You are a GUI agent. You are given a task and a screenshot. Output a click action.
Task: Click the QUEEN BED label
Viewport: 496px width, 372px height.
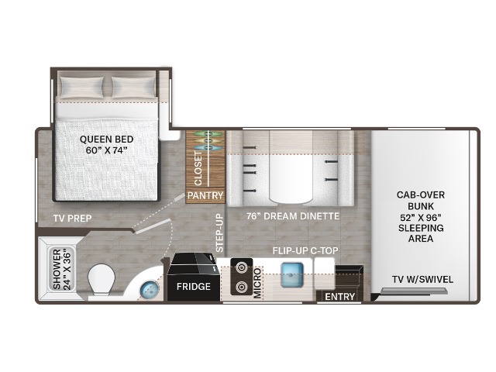[107, 145]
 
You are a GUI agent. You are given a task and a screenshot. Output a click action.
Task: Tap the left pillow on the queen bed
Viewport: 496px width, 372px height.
[82, 87]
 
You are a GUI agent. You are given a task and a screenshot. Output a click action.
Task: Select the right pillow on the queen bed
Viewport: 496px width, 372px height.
[133, 87]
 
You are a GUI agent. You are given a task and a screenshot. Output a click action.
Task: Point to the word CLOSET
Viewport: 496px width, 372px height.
[198, 168]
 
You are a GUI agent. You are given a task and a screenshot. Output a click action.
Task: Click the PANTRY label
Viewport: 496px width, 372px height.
[205, 195]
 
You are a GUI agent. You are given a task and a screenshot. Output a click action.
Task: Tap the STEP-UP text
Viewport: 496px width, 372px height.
[220, 233]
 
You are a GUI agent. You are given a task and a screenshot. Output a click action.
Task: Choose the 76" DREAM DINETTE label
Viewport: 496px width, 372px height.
[293, 216]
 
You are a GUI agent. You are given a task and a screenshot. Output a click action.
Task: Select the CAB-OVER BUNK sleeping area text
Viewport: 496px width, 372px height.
[421, 217]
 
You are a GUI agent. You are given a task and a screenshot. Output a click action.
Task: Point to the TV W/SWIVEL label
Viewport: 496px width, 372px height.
[422, 280]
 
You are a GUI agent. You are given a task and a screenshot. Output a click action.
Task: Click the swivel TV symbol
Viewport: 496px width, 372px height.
[415, 291]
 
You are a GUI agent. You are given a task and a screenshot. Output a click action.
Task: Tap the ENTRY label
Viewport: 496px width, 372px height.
[339, 297]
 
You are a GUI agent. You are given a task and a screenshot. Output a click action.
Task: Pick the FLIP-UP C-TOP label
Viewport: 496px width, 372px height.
[305, 251]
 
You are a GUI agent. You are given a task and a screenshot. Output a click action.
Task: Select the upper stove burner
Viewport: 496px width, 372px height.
[241, 267]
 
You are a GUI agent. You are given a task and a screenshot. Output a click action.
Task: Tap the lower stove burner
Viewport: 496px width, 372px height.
[241, 288]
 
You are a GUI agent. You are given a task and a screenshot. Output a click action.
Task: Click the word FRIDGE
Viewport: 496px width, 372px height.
[194, 287]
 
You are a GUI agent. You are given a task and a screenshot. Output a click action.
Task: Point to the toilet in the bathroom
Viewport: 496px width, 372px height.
[101, 280]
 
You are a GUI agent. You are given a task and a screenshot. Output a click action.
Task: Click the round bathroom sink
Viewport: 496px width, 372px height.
[150, 288]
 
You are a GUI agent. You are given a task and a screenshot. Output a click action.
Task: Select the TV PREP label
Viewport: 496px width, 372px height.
[72, 219]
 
